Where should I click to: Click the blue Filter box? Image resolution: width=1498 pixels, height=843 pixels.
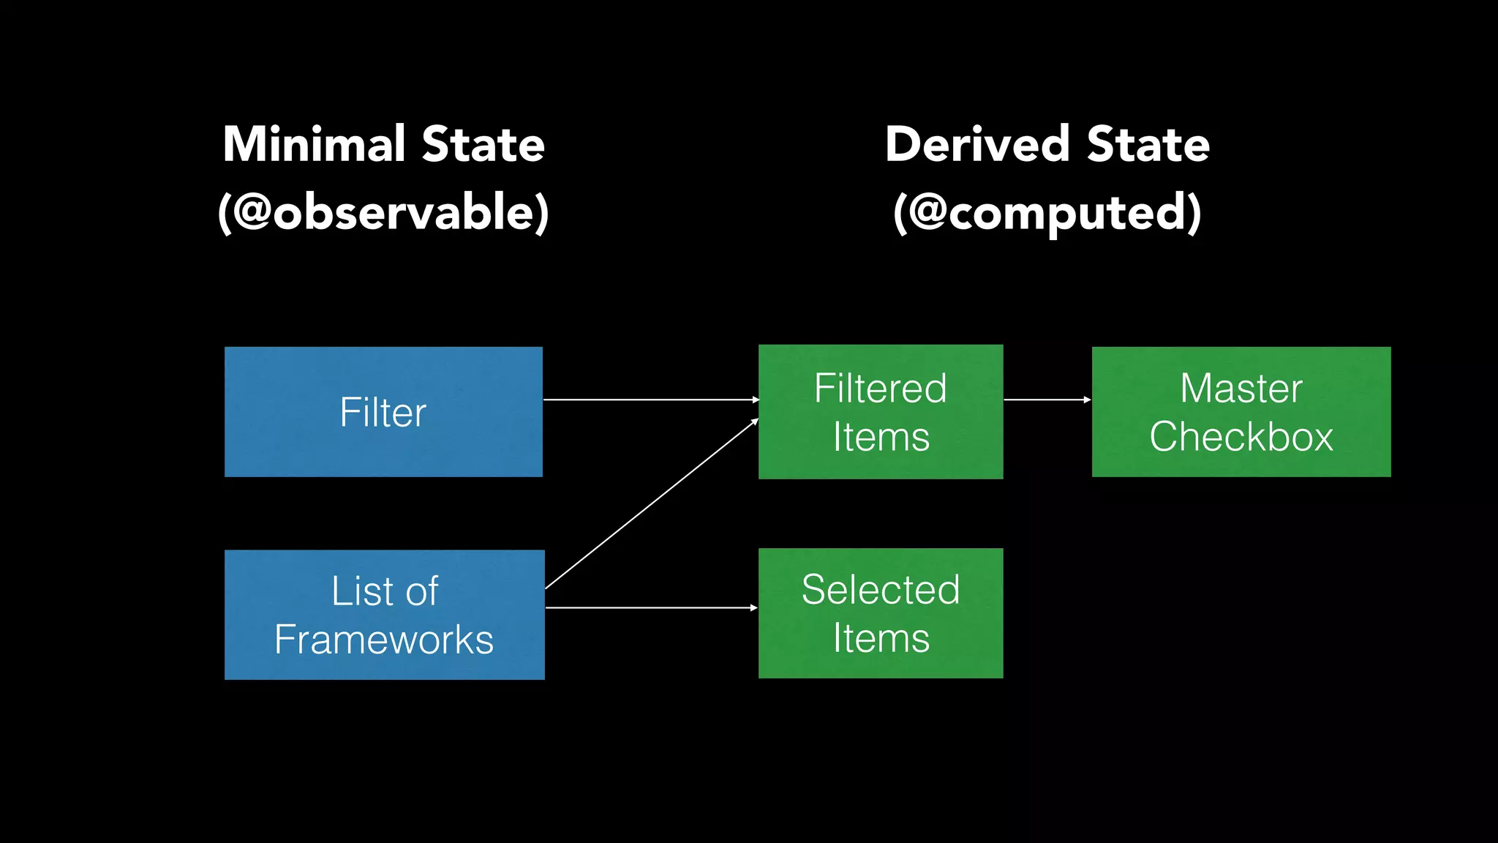[383, 411]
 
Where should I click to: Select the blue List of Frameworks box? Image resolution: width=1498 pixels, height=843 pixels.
[384, 615]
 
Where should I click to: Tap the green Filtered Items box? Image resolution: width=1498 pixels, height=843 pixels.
[881, 411]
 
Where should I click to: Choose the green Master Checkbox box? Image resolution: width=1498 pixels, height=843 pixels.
[1241, 411]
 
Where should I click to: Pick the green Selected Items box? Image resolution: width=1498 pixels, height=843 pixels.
[881, 613]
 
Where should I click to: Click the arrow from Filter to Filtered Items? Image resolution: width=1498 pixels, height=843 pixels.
[651, 400]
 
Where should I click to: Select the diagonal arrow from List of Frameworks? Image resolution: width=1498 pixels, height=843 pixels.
[651, 504]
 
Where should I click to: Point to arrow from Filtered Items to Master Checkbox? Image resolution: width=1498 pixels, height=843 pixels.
[1046, 400]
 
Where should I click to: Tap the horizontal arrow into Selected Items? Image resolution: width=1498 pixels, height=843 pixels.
[651, 607]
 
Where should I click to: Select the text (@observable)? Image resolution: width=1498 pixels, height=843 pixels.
[383, 212]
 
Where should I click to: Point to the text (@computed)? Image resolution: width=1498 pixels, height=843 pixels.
[1047, 212]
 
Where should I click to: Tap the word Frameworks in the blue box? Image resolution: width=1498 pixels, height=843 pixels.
[384, 640]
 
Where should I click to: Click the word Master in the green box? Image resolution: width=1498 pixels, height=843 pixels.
[1241, 388]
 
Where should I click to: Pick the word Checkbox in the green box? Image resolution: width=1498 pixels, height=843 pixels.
[1241, 437]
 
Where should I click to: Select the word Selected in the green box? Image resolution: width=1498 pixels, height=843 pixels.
[881, 589]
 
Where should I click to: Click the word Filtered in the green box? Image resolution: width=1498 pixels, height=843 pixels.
[881, 388]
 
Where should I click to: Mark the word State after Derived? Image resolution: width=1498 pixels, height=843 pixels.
[1148, 144]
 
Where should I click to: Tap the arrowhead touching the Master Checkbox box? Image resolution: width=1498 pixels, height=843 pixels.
[1087, 400]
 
